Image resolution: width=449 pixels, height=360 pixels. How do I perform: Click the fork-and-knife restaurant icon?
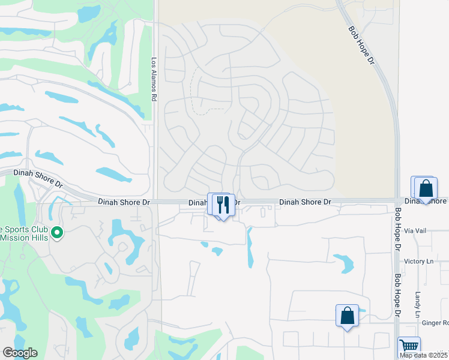pos(223,205)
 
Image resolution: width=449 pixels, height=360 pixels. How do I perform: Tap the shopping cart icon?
pos(409,346)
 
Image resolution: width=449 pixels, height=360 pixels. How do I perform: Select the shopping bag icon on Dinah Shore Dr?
pos(426,188)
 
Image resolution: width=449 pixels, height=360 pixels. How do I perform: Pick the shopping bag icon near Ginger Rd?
pos(347,315)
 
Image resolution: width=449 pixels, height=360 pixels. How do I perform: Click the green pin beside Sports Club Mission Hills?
pos(57,232)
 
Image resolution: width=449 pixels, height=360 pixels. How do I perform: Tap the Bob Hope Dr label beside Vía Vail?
pos(397,229)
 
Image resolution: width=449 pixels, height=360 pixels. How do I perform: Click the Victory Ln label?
pos(418,261)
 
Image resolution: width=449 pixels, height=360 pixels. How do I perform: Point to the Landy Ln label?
pos(418,305)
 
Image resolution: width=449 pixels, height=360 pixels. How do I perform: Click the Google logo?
pos(20,353)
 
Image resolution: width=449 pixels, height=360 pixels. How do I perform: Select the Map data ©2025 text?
pos(424,355)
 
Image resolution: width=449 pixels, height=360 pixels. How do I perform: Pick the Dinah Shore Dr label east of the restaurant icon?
pos(305,203)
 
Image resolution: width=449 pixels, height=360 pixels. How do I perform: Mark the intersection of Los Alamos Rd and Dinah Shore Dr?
pos(155,202)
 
